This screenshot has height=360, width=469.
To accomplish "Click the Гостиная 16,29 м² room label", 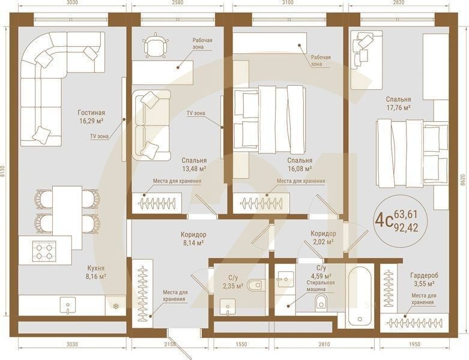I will point(91,116).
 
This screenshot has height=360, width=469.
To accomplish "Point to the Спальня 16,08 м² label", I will point(299,165).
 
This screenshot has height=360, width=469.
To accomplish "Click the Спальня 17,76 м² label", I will point(399,103).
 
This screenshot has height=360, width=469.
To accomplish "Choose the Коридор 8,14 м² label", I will point(193,238).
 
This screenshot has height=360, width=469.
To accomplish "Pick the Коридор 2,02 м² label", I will point(323,238).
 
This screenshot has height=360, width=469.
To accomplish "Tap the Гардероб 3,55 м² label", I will point(424,279).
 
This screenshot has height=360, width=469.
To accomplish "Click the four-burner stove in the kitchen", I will point(46,250).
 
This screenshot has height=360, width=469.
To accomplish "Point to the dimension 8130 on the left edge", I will point(4,175).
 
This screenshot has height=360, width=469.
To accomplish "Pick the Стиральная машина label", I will point(320,286).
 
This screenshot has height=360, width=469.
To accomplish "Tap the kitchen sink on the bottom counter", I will point(65,305).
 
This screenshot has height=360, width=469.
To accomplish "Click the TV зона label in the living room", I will point(99,136).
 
